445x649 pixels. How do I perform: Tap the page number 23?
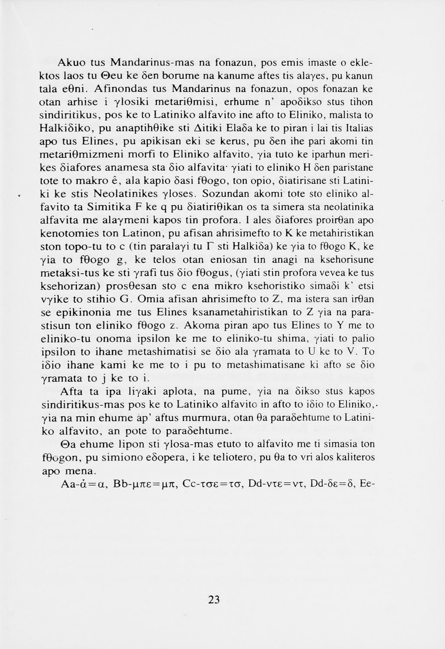pos(214,600)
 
